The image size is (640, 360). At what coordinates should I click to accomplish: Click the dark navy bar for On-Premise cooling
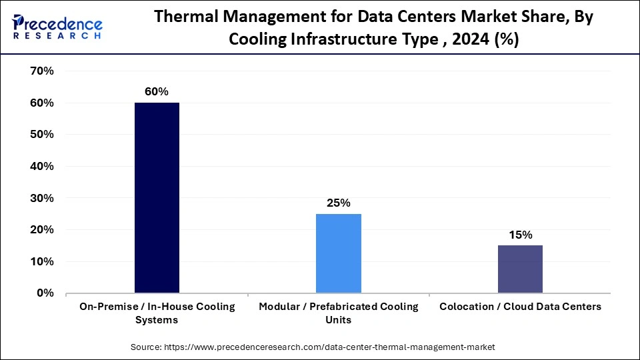point(157,197)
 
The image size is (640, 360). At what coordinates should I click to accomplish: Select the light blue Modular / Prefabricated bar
point(339,253)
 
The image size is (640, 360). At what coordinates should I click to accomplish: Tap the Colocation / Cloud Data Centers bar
point(520,269)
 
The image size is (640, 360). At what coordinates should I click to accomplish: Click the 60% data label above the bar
point(157,91)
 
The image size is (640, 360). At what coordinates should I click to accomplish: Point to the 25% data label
point(339,203)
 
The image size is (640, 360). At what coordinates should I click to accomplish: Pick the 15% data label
point(520,235)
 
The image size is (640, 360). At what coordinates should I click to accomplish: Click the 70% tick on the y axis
point(42,71)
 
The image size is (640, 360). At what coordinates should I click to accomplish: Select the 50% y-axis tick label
point(42,135)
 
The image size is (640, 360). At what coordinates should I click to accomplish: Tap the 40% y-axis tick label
point(42,166)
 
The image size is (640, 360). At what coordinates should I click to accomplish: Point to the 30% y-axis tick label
point(42,198)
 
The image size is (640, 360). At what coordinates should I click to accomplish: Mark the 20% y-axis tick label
point(42,229)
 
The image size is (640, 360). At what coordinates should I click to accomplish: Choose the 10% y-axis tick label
point(42,261)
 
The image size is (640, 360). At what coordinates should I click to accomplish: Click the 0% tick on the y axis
point(45,293)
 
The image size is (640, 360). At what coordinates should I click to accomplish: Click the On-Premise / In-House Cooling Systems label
point(157,313)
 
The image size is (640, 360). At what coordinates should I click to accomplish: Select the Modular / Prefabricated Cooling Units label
point(339,313)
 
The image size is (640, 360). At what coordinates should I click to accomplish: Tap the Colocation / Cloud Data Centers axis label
point(520,307)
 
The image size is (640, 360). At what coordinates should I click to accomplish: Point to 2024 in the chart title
point(473,39)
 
